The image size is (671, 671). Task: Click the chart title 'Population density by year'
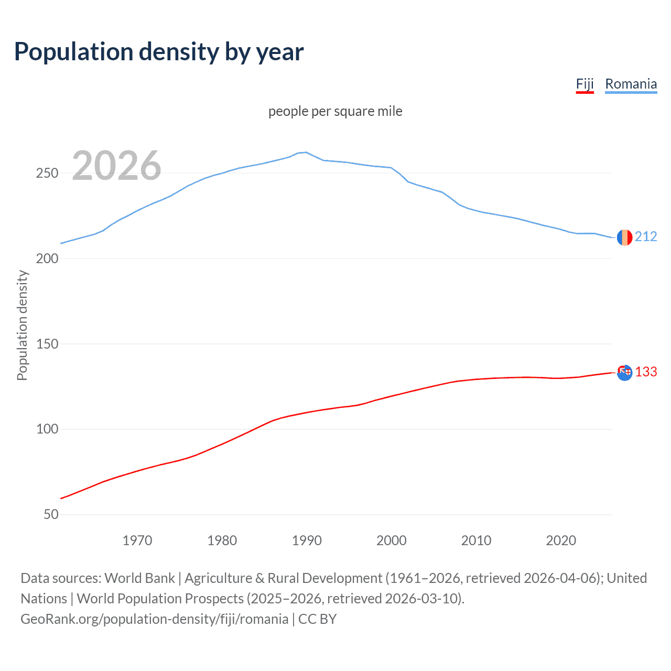(159, 52)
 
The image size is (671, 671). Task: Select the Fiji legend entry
(585, 84)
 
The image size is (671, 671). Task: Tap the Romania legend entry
(631, 84)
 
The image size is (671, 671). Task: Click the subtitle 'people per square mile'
(335, 111)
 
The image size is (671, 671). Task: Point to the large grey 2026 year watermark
(116, 166)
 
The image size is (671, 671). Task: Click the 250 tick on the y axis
(47, 173)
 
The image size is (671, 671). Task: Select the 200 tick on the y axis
(47, 258)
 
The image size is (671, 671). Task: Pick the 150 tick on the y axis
(47, 344)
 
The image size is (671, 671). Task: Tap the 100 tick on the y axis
(47, 429)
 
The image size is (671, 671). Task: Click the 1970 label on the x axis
(137, 540)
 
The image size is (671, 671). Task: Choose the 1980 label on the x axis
(222, 540)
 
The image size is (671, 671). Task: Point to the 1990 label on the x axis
(307, 540)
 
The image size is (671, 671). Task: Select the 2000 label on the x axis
(392, 540)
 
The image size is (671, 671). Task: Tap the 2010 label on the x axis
(476, 540)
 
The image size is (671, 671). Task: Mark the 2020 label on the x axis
(561, 540)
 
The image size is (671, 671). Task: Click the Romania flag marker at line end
(624, 237)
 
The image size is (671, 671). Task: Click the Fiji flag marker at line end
(624, 373)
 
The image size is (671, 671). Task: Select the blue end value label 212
(646, 237)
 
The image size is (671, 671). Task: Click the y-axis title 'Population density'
(22, 325)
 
